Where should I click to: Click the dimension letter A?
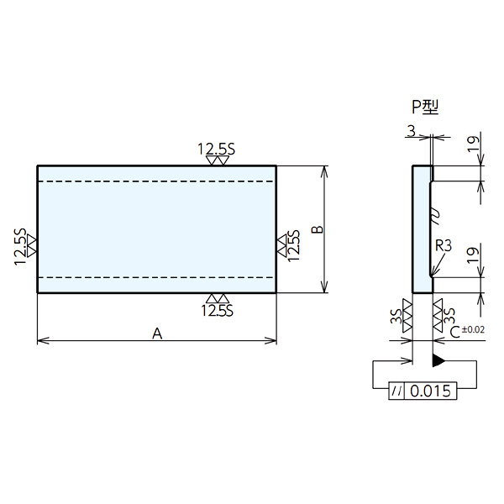(157, 333)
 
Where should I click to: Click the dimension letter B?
(318, 229)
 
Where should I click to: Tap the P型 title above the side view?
(425, 107)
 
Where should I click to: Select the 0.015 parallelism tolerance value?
(431, 391)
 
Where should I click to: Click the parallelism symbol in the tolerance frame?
(396, 391)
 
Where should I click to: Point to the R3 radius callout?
(444, 246)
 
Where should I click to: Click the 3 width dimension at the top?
(411, 131)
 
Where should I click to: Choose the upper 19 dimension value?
(473, 144)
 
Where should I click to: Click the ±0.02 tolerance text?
(473, 329)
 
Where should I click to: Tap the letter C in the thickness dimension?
(455, 333)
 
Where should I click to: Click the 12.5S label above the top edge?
(217, 150)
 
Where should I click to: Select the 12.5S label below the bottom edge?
(217, 311)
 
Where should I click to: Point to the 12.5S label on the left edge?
(20, 246)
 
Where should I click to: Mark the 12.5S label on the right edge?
(294, 245)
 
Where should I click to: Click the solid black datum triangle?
(438, 360)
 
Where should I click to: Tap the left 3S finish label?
(396, 316)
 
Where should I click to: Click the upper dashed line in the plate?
(155, 181)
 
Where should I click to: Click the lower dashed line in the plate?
(155, 277)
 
